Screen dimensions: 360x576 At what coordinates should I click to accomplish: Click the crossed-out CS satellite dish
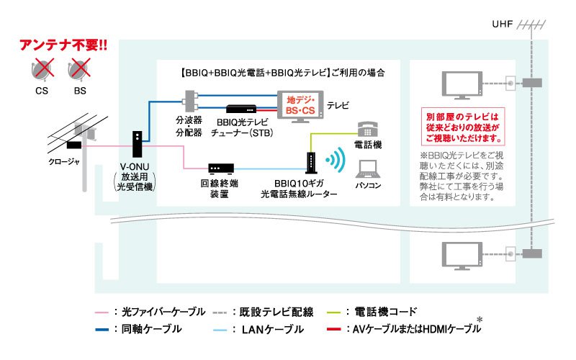[x=41, y=71]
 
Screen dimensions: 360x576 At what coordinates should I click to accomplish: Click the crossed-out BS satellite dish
[x=78, y=71]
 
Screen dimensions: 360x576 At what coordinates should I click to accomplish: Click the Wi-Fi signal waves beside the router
[x=332, y=159]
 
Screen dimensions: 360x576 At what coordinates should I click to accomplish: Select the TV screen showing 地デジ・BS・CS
[x=300, y=105]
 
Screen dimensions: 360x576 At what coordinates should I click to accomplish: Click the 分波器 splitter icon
[x=190, y=99]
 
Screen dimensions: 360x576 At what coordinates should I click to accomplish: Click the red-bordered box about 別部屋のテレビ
[x=463, y=127]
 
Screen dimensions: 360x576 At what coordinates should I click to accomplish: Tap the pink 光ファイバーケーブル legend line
[x=102, y=312]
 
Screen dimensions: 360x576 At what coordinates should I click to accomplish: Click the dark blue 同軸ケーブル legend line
[x=102, y=329]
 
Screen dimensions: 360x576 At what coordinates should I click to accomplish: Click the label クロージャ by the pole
[x=63, y=161]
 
